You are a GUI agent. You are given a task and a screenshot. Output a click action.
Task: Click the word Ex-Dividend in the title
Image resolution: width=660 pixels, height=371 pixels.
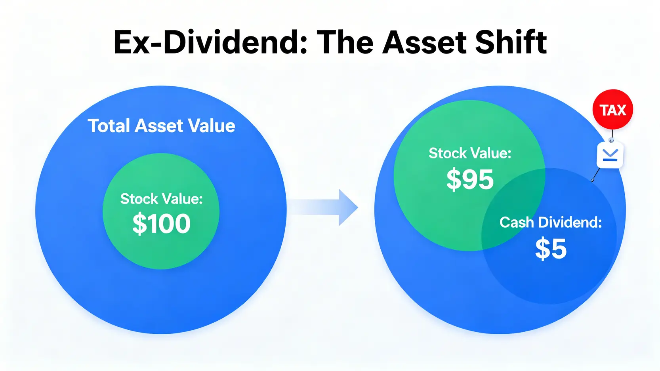tap(210, 42)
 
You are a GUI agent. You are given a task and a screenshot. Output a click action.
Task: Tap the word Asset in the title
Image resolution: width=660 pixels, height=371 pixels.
tap(424, 43)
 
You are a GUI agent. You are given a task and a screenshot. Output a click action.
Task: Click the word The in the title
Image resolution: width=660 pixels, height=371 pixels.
tap(344, 42)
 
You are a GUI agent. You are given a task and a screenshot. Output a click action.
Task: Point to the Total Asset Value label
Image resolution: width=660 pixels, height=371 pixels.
tap(162, 126)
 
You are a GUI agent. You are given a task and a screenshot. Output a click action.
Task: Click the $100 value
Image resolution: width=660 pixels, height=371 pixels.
tap(162, 224)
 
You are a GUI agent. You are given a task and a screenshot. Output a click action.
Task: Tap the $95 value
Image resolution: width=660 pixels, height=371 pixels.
tap(470, 179)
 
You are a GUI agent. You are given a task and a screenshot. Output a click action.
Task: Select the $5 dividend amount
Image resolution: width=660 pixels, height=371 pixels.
tap(551, 249)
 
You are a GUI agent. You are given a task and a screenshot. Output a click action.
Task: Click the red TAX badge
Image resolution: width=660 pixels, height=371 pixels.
tap(613, 110)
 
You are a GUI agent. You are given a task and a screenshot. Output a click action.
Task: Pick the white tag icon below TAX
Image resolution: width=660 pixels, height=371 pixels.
tap(610, 155)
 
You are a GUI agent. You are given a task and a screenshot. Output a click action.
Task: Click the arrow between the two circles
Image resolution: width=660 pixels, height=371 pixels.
tap(323, 207)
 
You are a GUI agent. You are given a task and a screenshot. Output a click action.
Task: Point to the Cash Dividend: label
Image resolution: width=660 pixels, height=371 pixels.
tap(550, 222)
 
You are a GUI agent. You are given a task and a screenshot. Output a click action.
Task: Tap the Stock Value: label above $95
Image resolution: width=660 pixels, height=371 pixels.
tap(470, 153)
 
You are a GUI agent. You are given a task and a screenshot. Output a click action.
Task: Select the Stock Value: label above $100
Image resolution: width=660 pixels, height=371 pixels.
tap(162, 199)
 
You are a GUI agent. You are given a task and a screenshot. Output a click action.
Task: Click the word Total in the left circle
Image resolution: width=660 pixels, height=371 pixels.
tap(109, 126)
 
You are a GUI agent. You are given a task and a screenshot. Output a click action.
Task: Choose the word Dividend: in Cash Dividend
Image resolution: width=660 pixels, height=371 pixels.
tap(570, 222)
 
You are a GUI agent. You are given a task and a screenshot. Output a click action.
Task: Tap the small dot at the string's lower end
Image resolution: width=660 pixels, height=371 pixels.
tap(593, 180)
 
